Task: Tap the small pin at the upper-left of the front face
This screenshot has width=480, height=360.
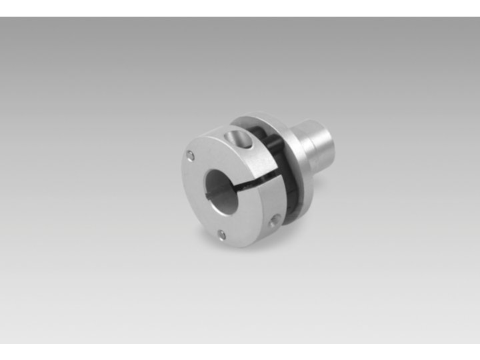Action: tap(191, 155)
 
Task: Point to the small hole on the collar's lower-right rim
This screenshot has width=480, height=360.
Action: tap(273, 221)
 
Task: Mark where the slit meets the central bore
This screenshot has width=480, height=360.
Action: tap(238, 186)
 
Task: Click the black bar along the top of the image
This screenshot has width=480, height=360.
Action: tap(240, 8)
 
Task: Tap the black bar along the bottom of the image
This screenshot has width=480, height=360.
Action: tap(240, 351)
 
